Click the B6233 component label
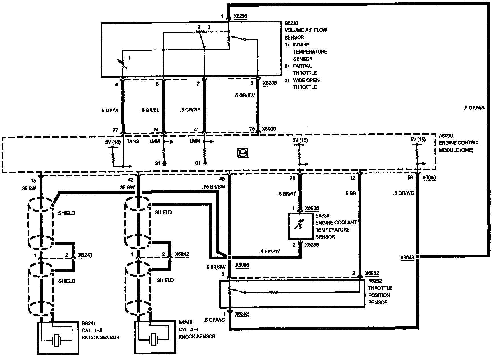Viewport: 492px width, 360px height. (292, 23)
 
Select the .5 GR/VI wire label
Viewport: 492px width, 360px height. (109, 110)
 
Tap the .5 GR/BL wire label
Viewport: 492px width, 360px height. (150, 110)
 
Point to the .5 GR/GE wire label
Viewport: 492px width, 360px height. (190, 110)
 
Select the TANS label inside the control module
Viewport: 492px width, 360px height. (133, 141)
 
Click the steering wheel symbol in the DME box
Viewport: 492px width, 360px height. (243, 153)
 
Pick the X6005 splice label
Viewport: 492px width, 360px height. (242, 265)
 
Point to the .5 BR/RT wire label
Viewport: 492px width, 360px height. (287, 194)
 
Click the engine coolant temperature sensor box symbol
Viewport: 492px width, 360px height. (300, 226)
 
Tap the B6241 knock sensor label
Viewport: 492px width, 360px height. (89, 323)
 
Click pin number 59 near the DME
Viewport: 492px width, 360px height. (410, 178)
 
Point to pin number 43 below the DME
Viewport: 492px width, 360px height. (222, 179)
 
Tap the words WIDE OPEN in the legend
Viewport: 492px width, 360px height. (306, 80)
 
